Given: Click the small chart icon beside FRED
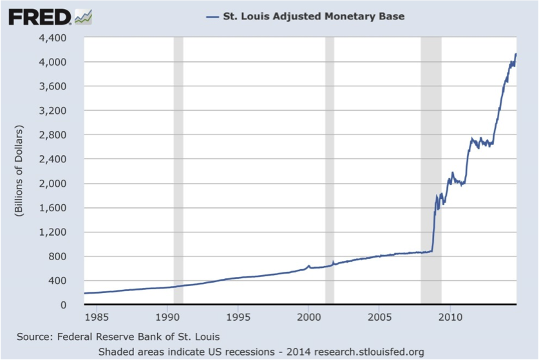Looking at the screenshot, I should [x=84, y=16].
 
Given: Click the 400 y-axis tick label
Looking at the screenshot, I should [x=58, y=281].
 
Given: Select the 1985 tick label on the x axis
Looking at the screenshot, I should [x=95, y=317].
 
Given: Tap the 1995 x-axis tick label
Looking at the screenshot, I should [x=238, y=317].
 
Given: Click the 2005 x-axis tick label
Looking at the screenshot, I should [x=379, y=317].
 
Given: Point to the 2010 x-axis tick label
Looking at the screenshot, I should [x=450, y=317].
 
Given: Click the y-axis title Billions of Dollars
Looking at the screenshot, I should [x=19, y=171].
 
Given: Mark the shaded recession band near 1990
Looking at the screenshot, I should [x=178, y=171].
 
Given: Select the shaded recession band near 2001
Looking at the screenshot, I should [x=330, y=171].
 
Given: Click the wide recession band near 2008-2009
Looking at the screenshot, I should [x=431, y=171].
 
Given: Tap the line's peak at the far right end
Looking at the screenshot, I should [x=516, y=54].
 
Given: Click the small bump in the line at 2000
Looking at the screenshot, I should [x=308, y=265].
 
